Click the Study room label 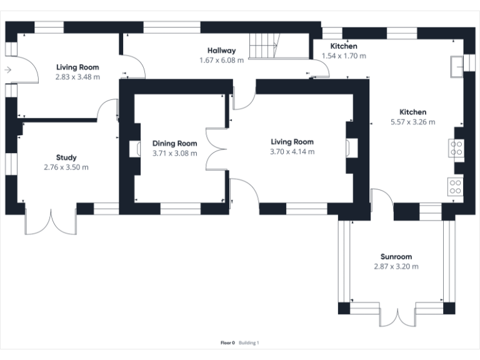[x=66, y=157]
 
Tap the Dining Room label [x=174, y=143]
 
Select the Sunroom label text [x=396, y=257]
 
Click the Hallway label [x=222, y=51]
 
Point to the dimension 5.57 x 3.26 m [x=413, y=122]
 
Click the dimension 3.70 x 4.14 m [x=292, y=152]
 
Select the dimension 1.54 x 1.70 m [x=344, y=56]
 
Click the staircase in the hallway [x=264, y=46]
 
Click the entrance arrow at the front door [x=7, y=70]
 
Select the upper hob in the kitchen [x=456, y=148]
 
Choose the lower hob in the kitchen [x=456, y=186]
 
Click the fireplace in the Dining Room [x=134, y=149]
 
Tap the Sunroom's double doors [x=397, y=316]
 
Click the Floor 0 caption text [x=227, y=342]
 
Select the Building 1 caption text [x=249, y=342]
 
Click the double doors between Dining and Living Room [x=217, y=150]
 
